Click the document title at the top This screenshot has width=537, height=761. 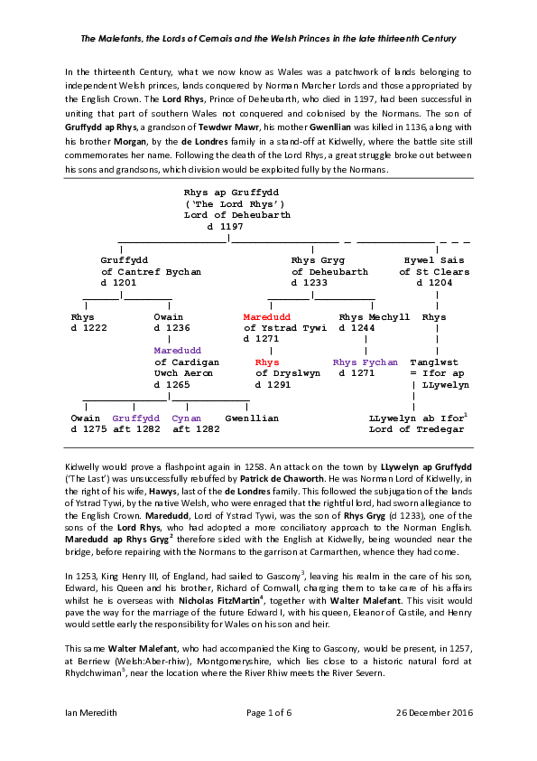coord(268,39)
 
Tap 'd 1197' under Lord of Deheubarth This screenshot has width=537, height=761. coord(225,227)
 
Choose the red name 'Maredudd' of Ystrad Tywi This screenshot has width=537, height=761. coord(266,317)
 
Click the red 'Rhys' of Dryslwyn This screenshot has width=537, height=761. coord(267,362)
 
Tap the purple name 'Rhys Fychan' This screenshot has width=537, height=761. coord(365,362)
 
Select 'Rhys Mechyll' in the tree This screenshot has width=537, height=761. coord(374,317)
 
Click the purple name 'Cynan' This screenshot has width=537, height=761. coord(187,418)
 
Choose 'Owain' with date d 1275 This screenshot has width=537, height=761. coord(86,418)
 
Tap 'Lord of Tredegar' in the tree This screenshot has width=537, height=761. coord(416,429)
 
